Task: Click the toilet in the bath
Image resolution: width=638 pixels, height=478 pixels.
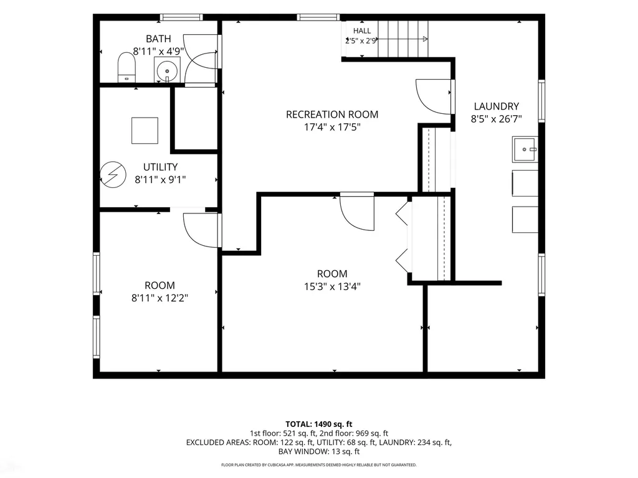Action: [126, 67]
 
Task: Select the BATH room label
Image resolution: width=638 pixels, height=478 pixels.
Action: [158, 39]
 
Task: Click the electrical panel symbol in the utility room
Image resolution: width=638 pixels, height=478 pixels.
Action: [113, 175]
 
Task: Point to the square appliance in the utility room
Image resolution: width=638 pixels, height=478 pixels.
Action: [145, 131]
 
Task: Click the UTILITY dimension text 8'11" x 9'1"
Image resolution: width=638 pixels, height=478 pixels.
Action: [160, 179]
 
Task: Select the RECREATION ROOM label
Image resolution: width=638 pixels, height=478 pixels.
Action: [332, 115]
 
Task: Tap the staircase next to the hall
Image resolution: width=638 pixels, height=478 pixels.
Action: [403, 39]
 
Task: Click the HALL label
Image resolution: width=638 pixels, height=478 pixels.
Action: [362, 31]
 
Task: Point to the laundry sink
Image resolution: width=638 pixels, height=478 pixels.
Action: [525, 149]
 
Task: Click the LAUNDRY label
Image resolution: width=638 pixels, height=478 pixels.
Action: [497, 106]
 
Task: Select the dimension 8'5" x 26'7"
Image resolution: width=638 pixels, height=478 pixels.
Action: [497, 119]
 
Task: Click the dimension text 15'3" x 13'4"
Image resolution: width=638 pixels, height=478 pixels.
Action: [333, 286]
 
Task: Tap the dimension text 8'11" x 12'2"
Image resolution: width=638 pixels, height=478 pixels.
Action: [159, 298]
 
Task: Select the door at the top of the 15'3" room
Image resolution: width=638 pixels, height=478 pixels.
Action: [357, 212]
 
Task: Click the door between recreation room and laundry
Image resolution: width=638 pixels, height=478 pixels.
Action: [434, 96]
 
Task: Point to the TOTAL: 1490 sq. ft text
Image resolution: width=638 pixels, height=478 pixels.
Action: [319, 424]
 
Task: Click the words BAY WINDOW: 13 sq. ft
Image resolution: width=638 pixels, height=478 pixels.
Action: [319, 451]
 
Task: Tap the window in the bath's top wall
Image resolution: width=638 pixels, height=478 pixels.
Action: [181, 17]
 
